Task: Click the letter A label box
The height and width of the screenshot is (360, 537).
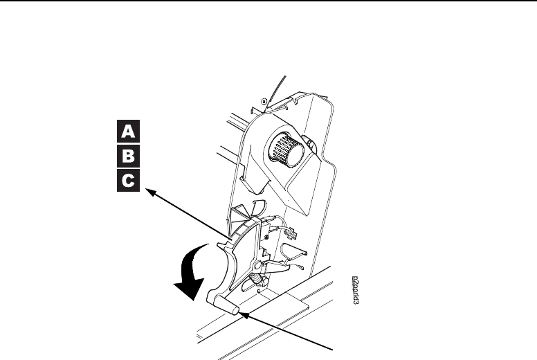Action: coord(128,130)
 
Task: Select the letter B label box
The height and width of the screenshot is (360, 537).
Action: coord(128,155)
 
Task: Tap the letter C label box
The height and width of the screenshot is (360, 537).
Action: coord(128,180)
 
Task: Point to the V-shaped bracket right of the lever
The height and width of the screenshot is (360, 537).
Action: coord(293,247)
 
